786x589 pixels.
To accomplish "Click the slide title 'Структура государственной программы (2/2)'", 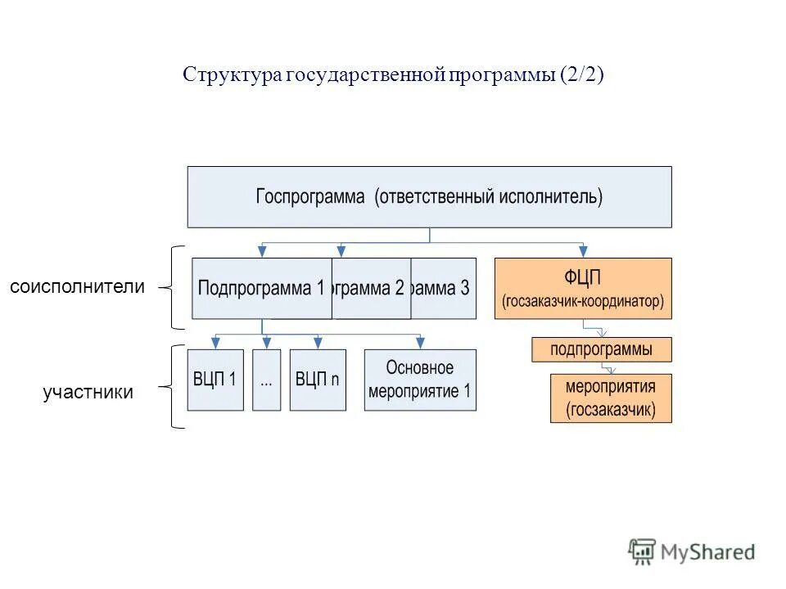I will [x=393, y=75].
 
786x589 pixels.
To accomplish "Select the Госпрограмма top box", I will [x=429, y=197].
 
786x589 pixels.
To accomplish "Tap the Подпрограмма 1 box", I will [x=262, y=288].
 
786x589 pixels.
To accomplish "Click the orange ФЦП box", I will [x=583, y=288].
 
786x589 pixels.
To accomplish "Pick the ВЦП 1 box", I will [x=215, y=380].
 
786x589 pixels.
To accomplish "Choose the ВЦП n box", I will [x=318, y=380].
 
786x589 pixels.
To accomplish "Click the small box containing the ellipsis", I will [x=266, y=380].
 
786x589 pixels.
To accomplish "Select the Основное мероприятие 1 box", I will [x=420, y=380].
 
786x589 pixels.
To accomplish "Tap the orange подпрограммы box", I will [x=602, y=349].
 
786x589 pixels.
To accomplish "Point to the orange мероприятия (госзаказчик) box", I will [x=611, y=398].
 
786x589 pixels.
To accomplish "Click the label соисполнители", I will [x=77, y=287].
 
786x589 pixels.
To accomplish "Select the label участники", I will [x=88, y=393].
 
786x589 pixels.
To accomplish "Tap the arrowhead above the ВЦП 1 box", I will [x=215, y=343].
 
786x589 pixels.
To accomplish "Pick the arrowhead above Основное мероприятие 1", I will [x=420, y=343].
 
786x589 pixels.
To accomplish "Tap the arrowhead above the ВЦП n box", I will [x=318, y=343].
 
